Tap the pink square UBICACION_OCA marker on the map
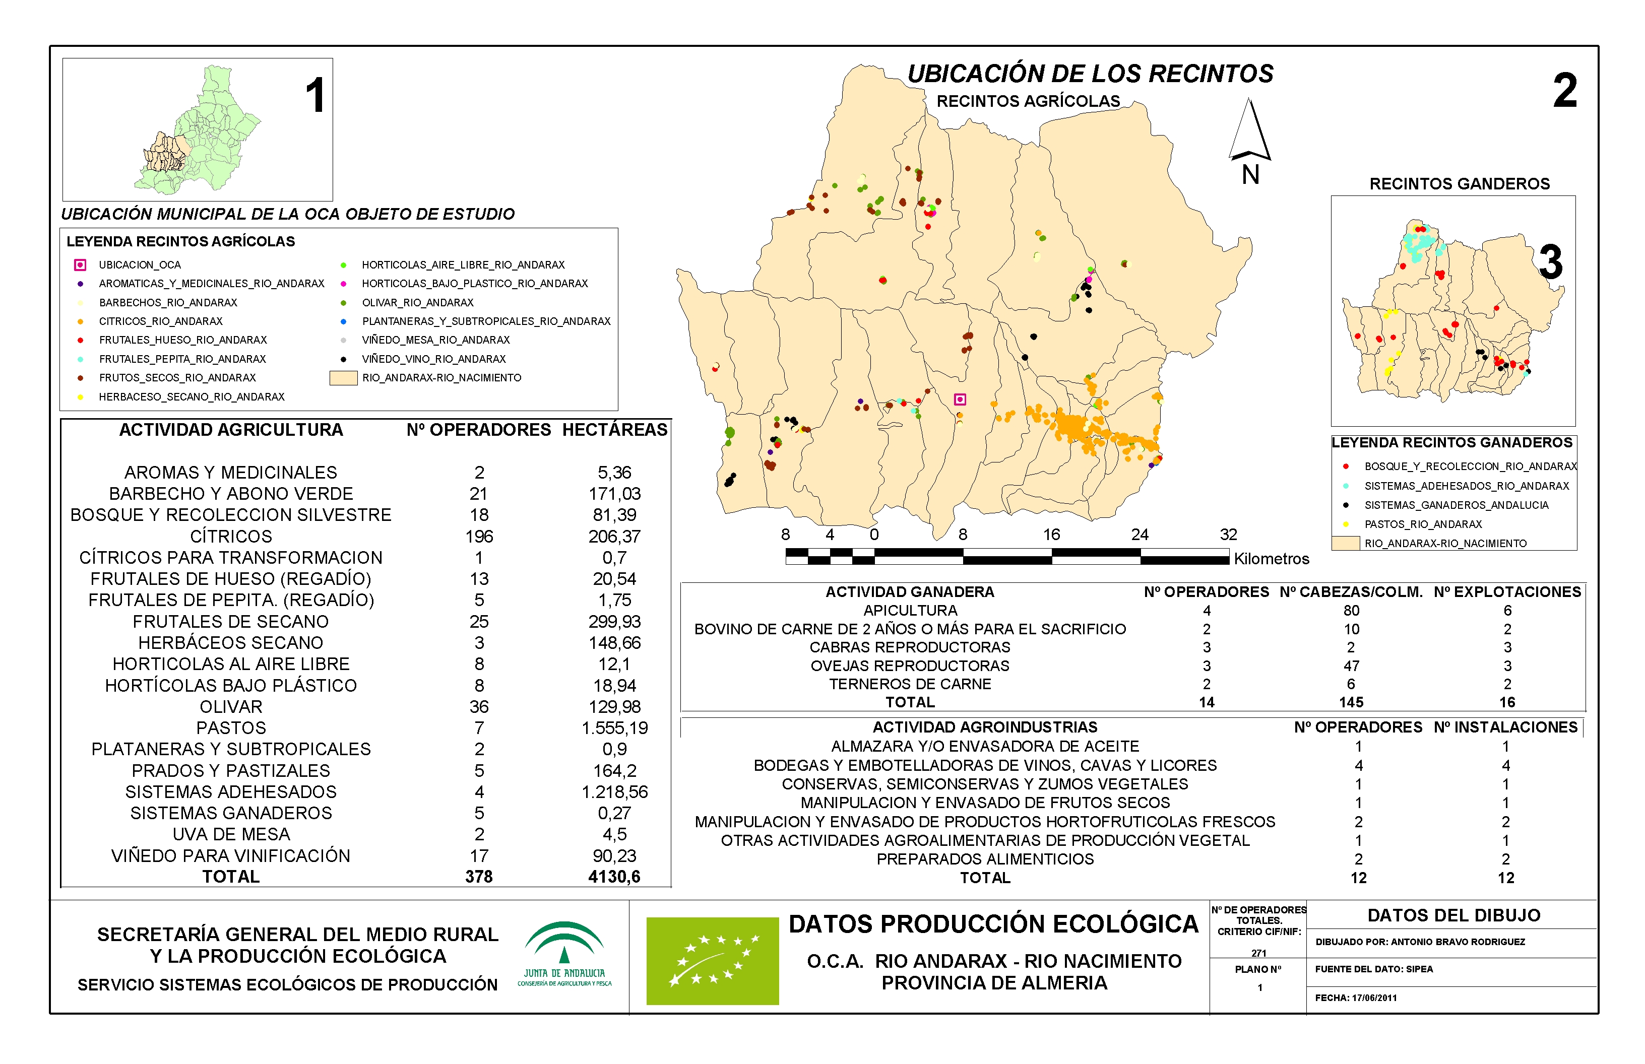pos(960,400)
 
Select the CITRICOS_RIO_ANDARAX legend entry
pos(160,321)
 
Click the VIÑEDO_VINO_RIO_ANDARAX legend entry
pos(433,359)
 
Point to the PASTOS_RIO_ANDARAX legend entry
pos(1422,524)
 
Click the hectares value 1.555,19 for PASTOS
pos(614,728)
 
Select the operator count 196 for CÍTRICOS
pos(479,537)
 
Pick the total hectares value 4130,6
pos(614,877)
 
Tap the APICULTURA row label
pos(910,611)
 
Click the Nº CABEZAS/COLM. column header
pos(1351,592)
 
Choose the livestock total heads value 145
pos(1351,703)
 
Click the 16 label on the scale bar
pos(1051,535)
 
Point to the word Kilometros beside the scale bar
pos(1272,559)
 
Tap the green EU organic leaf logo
pos(712,961)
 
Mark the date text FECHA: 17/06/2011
pos(1355,997)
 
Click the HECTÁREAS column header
pos(614,430)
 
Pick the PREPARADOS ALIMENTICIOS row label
pos(985,859)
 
